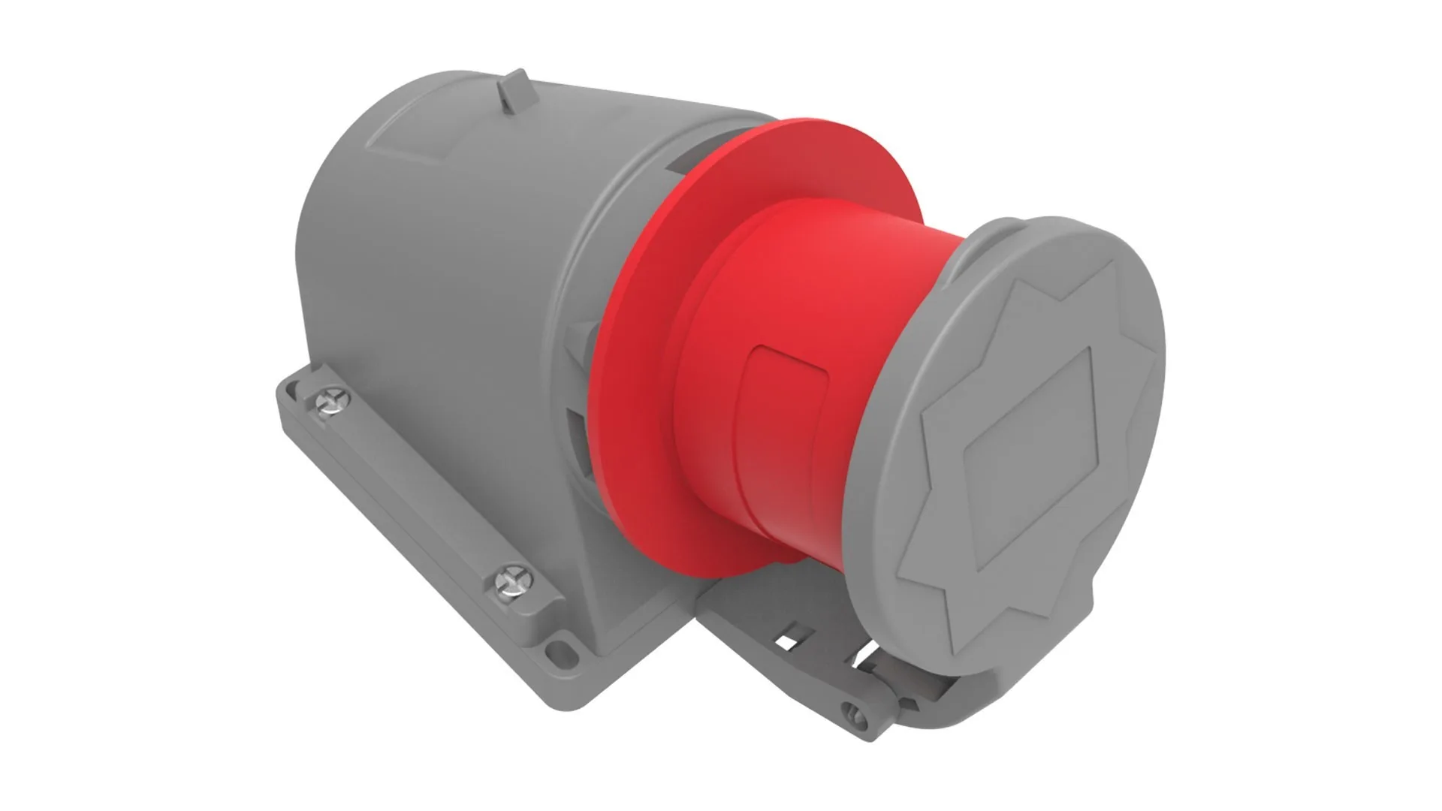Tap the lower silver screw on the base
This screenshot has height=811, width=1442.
click(x=511, y=581)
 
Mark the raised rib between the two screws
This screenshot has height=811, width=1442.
click(x=421, y=488)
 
